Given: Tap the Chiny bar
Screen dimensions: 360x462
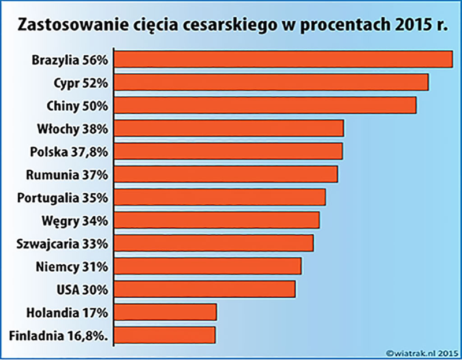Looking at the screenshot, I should point(266,106).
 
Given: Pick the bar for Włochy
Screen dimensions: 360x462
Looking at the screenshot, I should point(230,128).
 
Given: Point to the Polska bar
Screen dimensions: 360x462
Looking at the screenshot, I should point(229,151).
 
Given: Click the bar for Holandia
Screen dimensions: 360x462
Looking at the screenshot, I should point(166,312).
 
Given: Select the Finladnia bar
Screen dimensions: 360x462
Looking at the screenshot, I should point(166,335).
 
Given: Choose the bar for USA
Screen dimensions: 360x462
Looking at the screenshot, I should point(206,289).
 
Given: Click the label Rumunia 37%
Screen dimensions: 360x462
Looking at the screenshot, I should point(68,174).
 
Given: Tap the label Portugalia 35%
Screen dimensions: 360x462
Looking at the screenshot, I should point(62,197).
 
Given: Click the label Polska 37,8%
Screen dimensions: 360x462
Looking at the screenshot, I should point(69,151).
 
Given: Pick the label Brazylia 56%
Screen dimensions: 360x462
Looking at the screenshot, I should point(70,59).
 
